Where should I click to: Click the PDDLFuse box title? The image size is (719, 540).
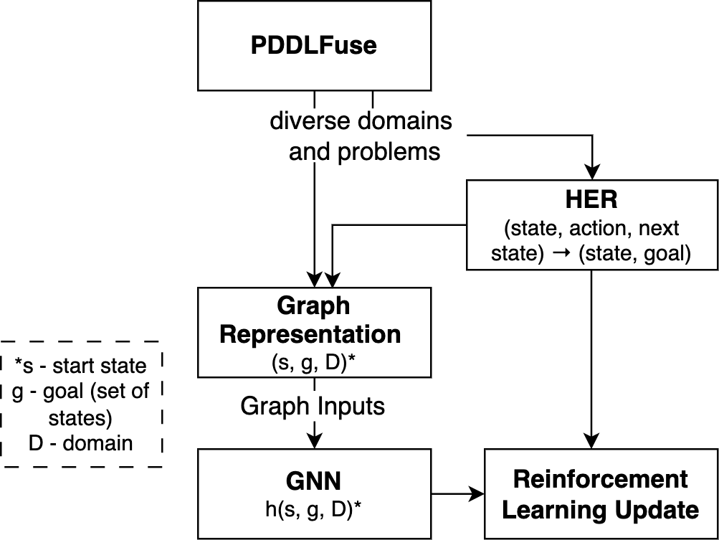[x=314, y=46]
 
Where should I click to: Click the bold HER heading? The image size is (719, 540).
[x=592, y=200]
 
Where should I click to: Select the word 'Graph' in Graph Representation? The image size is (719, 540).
[x=313, y=306]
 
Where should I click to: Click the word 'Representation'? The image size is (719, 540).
[x=310, y=335]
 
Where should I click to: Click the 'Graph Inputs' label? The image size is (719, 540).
[x=313, y=407]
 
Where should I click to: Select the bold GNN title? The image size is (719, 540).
[x=313, y=480]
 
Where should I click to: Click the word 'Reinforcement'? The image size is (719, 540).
[x=601, y=479]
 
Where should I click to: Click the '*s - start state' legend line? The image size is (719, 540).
[x=81, y=366]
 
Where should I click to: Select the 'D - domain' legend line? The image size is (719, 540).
[x=81, y=442]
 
